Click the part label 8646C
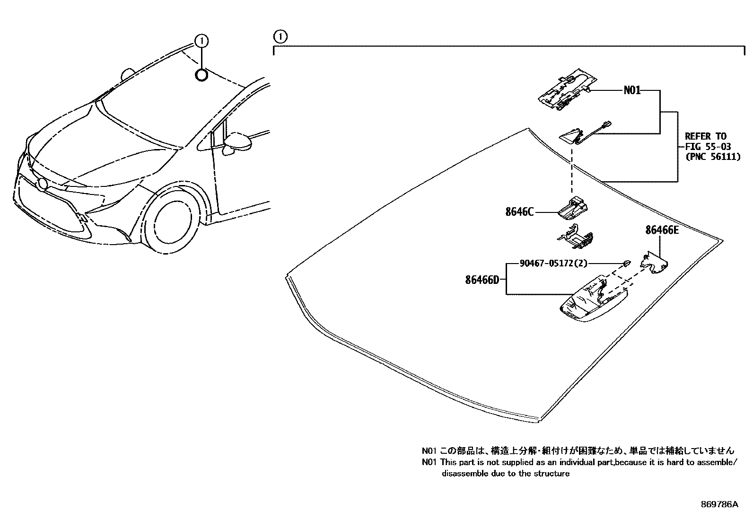pos(519,212)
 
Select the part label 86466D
pos(482,280)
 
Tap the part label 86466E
pos(662,230)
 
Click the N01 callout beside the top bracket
pos(632,90)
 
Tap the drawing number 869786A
pos(719,504)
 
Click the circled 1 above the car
pos(201,41)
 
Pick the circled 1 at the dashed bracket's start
pos(280,36)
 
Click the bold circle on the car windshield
pos(201,75)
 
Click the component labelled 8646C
pos(573,208)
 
